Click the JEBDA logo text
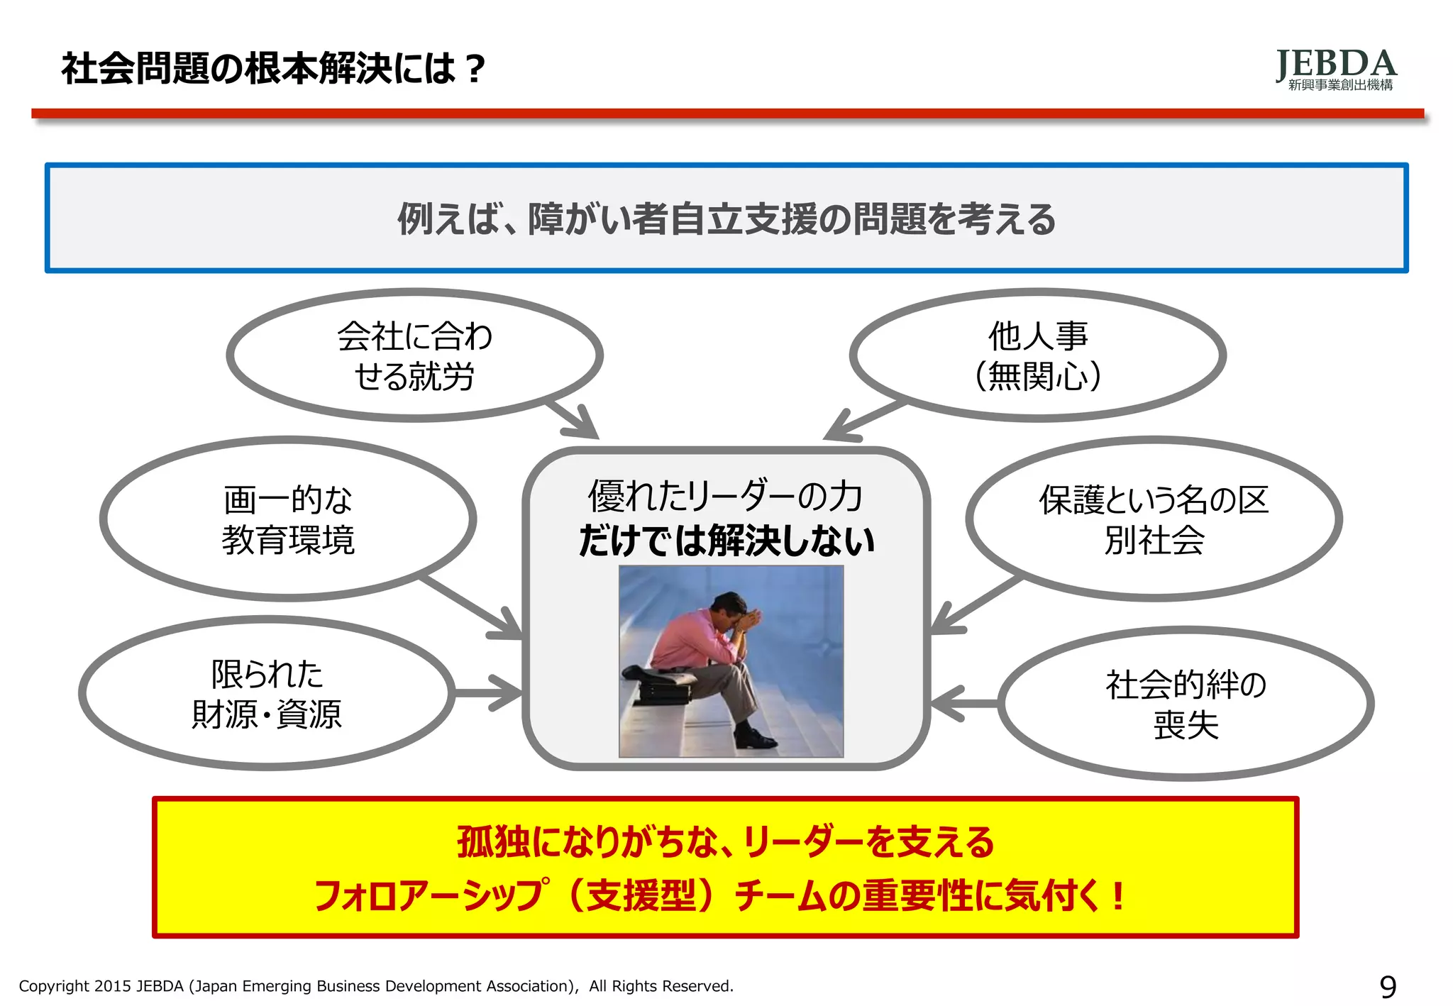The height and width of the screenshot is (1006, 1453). (1336, 65)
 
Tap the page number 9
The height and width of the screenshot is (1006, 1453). (1388, 986)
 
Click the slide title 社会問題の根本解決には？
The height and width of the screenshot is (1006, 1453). (273, 69)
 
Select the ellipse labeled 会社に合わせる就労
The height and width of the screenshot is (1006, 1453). (414, 355)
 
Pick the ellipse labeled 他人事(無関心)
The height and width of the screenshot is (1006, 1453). (1037, 355)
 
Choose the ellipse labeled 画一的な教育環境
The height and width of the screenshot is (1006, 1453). (288, 519)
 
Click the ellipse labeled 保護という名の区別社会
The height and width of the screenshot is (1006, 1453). (1154, 519)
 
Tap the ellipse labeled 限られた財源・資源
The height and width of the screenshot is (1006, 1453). (267, 693)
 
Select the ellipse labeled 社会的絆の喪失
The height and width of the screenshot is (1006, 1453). (1186, 704)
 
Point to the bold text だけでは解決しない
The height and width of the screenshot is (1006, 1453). (726, 541)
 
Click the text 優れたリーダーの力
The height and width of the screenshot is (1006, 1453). (725, 496)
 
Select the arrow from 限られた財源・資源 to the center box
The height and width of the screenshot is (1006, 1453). (490, 692)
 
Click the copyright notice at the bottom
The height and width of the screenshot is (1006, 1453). (376, 986)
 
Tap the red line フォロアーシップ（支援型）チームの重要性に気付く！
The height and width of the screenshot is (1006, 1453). (718, 895)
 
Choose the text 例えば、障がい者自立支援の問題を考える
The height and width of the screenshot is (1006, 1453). (726, 219)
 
